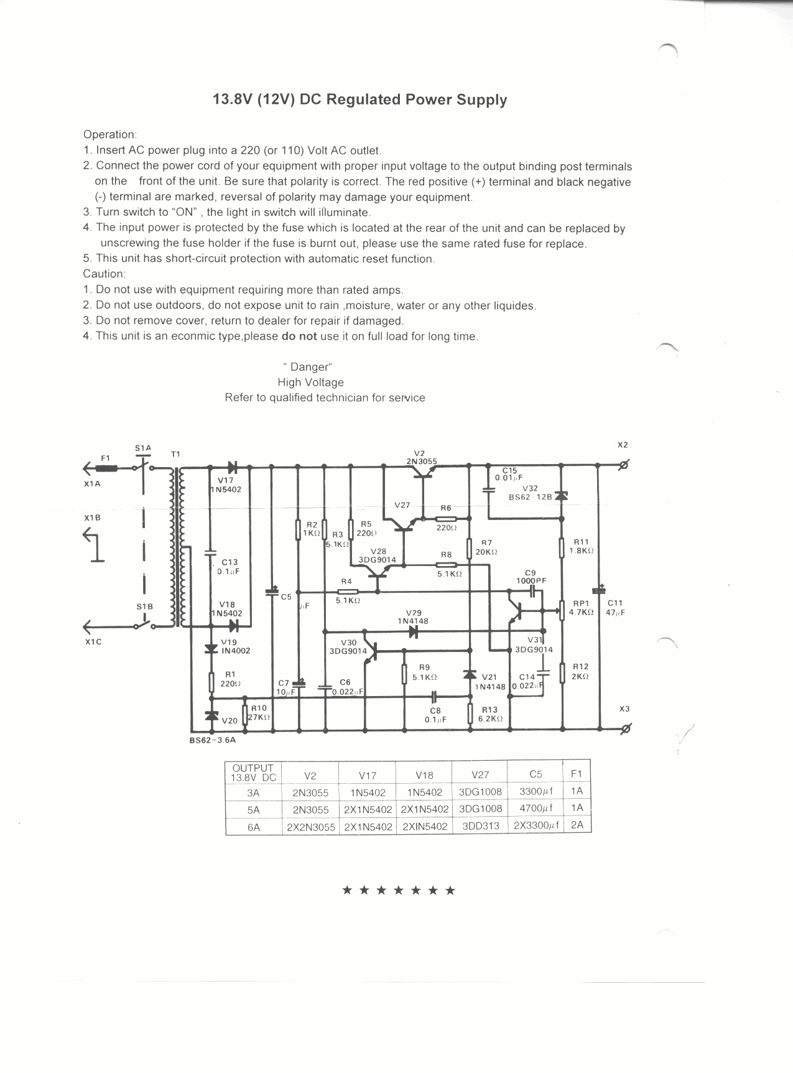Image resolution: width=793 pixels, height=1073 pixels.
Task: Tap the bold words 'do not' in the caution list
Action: pyautogui.click(x=299, y=337)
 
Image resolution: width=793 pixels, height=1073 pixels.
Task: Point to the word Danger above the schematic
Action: pyautogui.click(x=309, y=367)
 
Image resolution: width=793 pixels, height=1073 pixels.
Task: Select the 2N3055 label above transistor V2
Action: pyautogui.click(x=421, y=462)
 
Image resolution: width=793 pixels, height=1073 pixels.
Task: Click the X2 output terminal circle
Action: pyautogui.click(x=625, y=465)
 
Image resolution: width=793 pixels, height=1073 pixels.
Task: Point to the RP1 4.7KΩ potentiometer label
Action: pyautogui.click(x=581, y=607)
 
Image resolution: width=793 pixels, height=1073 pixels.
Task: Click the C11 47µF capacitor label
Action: pyautogui.click(x=615, y=607)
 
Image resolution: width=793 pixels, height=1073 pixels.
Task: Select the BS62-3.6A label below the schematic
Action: pyautogui.click(x=213, y=740)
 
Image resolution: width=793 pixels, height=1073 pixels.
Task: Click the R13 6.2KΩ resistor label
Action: pyautogui.click(x=489, y=714)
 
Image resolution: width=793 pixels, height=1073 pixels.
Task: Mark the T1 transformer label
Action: pyautogui.click(x=175, y=454)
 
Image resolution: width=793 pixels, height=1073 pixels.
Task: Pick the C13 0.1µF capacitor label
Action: pyautogui.click(x=228, y=567)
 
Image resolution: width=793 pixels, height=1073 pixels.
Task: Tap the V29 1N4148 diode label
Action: pyautogui.click(x=413, y=616)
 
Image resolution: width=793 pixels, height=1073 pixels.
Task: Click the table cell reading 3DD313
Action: pyautogui.click(x=481, y=827)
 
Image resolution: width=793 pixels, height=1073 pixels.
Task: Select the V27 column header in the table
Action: pyautogui.click(x=480, y=775)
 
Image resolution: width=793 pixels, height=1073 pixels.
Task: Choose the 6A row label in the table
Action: pyautogui.click(x=253, y=827)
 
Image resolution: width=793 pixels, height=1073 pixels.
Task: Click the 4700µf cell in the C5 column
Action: pyautogui.click(x=536, y=809)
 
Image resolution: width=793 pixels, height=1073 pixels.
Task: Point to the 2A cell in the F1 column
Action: pyautogui.click(x=577, y=825)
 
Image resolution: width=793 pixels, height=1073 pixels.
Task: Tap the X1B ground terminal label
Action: pyautogui.click(x=92, y=518)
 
